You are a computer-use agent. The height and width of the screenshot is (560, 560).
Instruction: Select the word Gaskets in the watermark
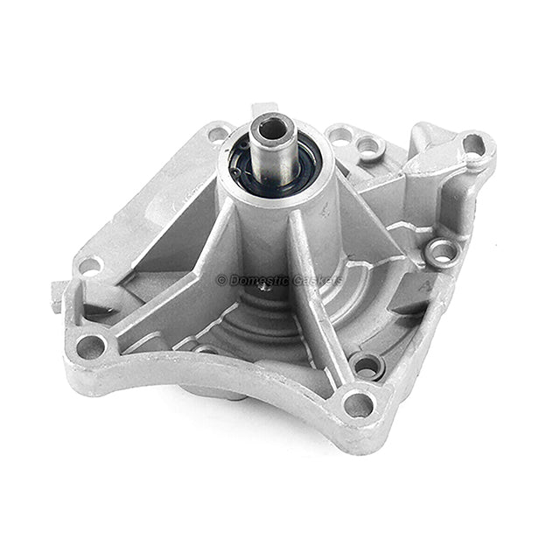pos(318,280)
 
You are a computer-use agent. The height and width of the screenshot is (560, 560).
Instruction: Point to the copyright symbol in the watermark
pos(221,280)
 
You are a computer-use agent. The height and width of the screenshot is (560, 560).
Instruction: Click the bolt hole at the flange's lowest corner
pos(359,404)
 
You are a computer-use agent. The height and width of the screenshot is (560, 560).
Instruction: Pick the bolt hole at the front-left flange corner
pos(91,346)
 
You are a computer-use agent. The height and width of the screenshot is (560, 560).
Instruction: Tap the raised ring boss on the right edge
pos(442,253)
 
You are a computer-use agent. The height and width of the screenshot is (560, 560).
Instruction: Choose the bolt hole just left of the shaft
pos(218,134)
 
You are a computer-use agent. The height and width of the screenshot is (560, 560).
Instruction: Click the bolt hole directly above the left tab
pos(89,265)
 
